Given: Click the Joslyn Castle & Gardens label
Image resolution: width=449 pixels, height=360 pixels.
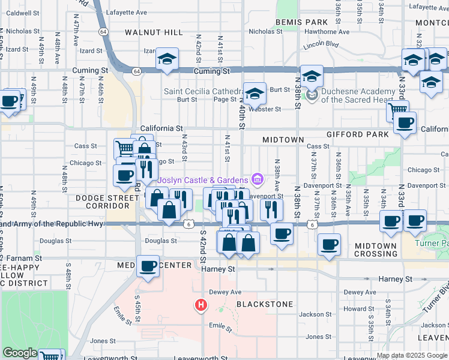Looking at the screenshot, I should click(x=203, y=180).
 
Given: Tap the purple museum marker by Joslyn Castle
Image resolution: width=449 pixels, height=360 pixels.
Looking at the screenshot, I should click(x=258, y=179).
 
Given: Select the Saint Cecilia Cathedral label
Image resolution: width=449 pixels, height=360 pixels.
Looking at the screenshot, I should click(x=200, y=91).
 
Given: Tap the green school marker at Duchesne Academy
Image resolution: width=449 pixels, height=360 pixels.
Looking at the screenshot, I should click(x=312, y=95).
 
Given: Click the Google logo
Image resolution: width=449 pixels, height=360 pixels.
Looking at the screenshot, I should click(x=20, y=353).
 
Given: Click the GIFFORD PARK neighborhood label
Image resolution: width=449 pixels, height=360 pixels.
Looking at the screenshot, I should click(x=359, y=134).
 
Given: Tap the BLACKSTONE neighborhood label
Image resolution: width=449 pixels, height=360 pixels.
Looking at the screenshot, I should click(x=265, y=304).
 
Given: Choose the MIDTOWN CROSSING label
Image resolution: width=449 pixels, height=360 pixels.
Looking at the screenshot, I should click(x=375, y=250).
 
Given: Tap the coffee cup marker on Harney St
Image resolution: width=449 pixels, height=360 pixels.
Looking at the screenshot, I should click(x=148, y=265).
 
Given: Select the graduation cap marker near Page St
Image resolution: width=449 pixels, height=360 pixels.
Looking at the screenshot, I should click(x=255, y=93).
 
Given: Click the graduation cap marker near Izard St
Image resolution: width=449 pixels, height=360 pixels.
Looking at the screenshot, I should click(x=167, y=58).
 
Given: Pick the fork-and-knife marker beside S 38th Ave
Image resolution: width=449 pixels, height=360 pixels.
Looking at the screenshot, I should click(x=272, y=208).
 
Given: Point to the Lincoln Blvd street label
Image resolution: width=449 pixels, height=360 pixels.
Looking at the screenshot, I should click(x=321, y=45).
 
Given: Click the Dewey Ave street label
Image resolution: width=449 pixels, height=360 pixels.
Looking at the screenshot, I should click(x=224, y=292).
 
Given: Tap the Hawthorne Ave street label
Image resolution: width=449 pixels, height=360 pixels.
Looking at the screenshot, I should click(x=327, y=32).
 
